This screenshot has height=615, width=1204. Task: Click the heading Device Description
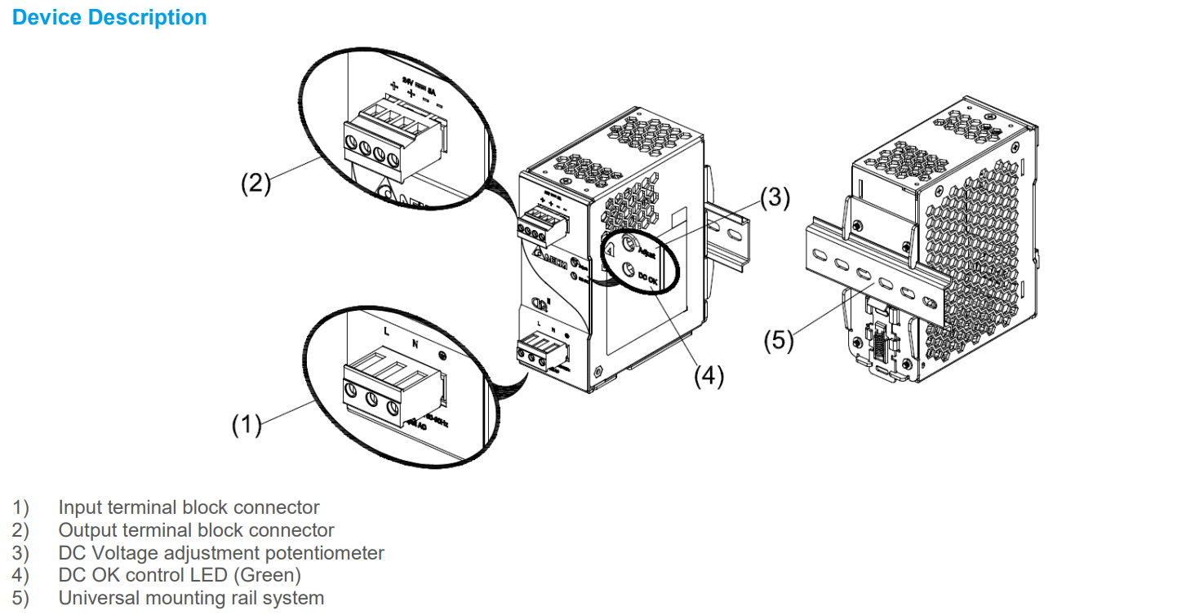(109, 17)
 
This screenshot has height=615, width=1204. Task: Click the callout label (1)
(246, 424)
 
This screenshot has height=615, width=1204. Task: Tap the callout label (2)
(255, 184)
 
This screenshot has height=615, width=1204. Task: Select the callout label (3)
(775, 198)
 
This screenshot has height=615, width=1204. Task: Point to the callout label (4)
(709, 376)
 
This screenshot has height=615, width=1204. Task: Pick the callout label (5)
(778, 340)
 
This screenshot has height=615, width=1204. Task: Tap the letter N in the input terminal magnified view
(415, 343)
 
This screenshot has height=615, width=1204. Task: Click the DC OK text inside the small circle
(648, 279)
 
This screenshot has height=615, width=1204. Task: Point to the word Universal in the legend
(97, 598)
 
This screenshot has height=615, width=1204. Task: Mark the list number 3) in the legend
(20, 553)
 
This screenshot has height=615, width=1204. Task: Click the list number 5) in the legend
(20, 598)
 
